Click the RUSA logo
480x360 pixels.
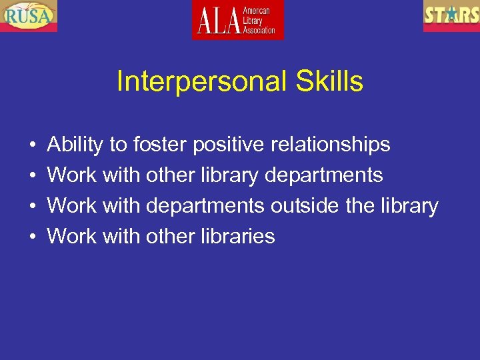pyautogui.click(x=29, y=15)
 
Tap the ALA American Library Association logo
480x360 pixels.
pyautogui.click(x=238, y=19)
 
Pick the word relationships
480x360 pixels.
pyautogui.click(x=330, y=145)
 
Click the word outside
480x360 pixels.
pyautogui.click(x=303, y=206)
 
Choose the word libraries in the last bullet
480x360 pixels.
pyautogui.click(x=237, y=237)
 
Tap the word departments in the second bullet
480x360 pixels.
pyautogui.click(x=324, y=175)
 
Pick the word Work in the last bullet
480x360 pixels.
pyautogui.click(x=72, y=237)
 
